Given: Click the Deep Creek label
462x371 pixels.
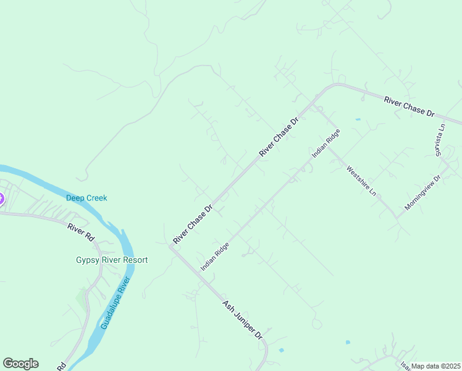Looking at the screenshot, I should pyautogui.click(x=86, y=198).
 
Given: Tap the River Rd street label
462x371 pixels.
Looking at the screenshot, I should pyautogui.click(x=81, y=232).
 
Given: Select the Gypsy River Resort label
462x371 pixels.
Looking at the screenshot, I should pyautogui.click(x=112, y=260).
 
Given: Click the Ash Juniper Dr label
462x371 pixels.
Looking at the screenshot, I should pyautogui.click(x=243, y=320).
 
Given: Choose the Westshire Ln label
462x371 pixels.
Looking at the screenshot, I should pyautogui.click(x=361, y=181).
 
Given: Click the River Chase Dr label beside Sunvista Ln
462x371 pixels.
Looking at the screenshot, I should pyautogui.click(x=409, y=106).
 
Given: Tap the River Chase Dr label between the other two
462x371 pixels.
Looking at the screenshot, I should pyautogui.click(x=279, y=135).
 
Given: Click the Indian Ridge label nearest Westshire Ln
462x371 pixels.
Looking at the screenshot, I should pyautogui.click(x=325, y=143).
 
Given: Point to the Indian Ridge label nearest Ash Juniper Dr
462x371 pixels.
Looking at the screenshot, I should pyautogui.click(x=215, y=256).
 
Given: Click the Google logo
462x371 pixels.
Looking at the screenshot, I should pyautogui.click(x=20, y=364).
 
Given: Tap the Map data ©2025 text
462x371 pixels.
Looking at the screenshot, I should pyautogui.click(x=436, y=366).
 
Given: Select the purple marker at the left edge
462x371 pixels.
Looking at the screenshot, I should pyautogui.click(x=1, y=199).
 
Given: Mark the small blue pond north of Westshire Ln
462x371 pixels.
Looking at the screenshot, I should pyautogui.click(x=358, y=119).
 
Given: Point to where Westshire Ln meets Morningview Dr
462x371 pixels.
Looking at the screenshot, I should pyautogui.click(x=398, y=218).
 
